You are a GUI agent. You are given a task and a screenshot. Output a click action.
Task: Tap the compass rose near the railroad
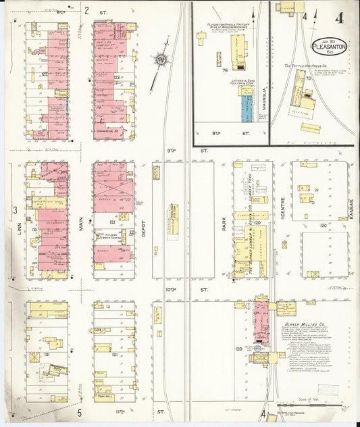pyautogui.click(x=161, y=60)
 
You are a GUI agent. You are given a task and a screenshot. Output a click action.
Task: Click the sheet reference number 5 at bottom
pyautogui.click(x=79, y=411)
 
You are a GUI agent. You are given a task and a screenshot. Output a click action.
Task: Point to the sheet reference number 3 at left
pyautogui.click(x=14, y=211)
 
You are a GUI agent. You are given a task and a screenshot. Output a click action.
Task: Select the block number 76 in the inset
pyautogui.click(x=223, y=70)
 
